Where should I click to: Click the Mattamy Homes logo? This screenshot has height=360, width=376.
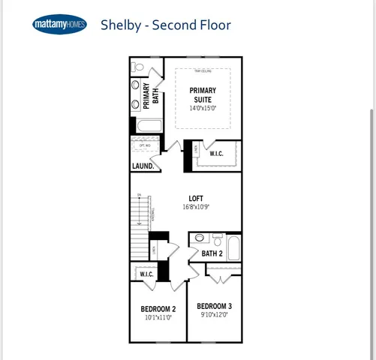60,25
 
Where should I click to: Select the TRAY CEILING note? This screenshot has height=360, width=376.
203,71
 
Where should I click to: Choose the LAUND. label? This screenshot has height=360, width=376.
143,166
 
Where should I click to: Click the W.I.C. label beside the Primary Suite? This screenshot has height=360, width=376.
216,154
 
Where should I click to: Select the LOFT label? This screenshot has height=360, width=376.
196,199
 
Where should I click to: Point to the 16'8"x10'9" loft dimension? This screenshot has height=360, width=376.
196,207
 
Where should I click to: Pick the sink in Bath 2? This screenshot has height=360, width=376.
199,238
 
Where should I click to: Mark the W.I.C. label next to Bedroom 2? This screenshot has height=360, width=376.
146,274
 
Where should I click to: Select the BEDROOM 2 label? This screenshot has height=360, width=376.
158,309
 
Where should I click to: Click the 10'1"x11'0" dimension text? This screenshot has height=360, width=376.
158,317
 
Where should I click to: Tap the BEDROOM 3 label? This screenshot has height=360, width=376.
214,306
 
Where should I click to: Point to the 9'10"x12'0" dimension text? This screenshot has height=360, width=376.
214,315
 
